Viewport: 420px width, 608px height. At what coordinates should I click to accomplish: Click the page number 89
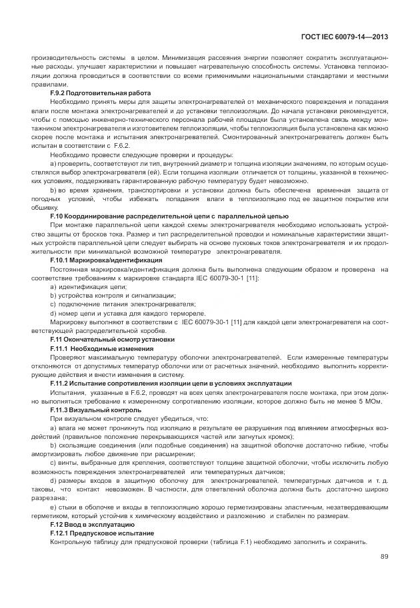click(x=384, y=556)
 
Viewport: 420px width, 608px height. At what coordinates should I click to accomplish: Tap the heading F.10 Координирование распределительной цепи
click(x=169, y=216)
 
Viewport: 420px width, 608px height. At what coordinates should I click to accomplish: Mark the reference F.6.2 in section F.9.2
click(x=120, y=144)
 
